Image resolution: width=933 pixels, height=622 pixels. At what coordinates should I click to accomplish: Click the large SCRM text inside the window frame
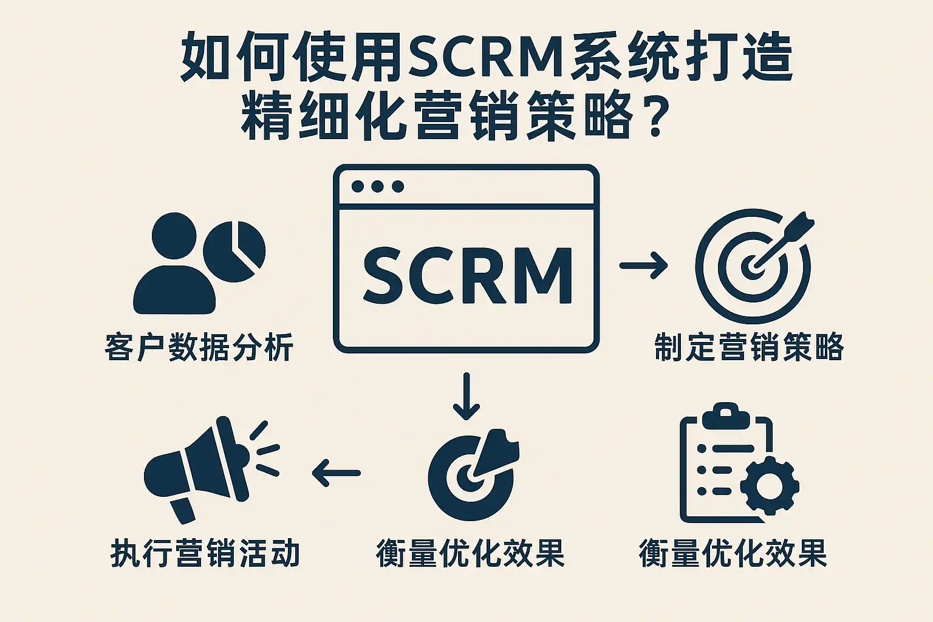tap(466, 275)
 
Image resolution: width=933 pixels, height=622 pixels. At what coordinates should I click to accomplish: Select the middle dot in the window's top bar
tap(378, 186)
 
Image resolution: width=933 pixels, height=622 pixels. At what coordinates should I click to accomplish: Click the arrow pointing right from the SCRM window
tap(643, 265)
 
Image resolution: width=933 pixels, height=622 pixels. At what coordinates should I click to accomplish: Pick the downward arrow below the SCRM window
tap(466, 396)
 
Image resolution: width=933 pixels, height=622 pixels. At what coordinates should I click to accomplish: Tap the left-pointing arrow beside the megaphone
tap(337, 472)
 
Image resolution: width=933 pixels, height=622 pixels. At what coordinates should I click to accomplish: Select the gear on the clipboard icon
tap(770, 486)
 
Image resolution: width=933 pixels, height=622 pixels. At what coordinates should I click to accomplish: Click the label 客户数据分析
tap(199, 347)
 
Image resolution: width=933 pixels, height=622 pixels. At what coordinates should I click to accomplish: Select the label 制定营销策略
tap(748, 347)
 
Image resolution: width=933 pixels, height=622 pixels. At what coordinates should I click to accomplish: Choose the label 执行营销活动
tap(205, 553)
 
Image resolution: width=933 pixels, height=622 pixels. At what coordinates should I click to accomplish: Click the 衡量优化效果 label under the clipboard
tap(733, 553)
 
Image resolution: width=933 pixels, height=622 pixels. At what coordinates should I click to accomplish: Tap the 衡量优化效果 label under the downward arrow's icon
tap(470, 553)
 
